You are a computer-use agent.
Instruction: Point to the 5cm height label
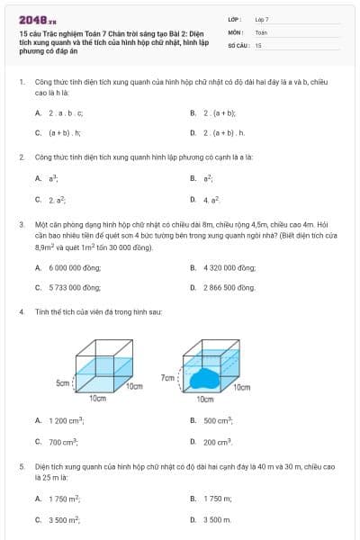[63, 383]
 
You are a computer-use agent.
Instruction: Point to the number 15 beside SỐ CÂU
[258, 44]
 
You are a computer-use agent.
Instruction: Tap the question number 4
[21, 311]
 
